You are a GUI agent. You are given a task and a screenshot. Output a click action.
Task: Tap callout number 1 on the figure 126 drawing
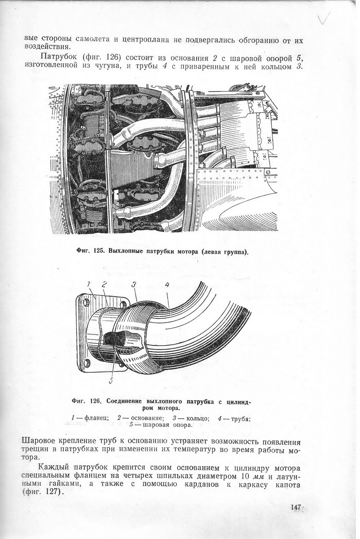89,285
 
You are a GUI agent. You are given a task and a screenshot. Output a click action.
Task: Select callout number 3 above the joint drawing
134,285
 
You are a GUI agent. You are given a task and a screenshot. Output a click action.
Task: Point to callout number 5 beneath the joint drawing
111,381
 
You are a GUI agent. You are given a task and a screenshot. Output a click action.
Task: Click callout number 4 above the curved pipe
167,285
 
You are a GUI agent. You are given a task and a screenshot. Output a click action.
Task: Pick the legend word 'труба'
240,418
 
